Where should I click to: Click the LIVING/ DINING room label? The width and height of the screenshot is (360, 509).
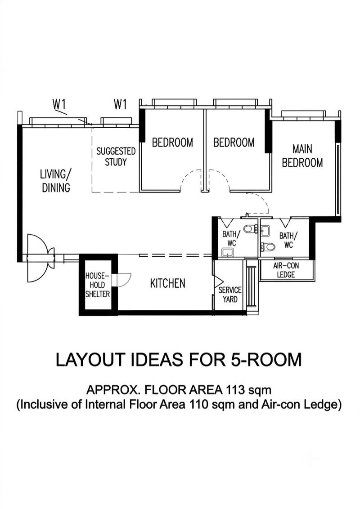56,181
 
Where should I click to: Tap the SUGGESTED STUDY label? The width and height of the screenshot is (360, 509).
116,156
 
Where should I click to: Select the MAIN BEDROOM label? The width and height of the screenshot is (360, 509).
302,156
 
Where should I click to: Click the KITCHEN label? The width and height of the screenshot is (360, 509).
168,283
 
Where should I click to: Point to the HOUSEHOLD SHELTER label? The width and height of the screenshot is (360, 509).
98,285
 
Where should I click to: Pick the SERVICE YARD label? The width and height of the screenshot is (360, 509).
230,295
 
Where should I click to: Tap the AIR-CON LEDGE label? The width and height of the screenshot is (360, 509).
286,270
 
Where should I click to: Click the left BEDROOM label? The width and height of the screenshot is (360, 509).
172,143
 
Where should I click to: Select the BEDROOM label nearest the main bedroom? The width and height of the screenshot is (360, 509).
234,143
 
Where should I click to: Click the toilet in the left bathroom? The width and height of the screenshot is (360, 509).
249,229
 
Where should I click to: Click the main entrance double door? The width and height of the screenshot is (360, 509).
40,258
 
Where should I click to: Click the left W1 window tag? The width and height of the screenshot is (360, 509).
59,104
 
